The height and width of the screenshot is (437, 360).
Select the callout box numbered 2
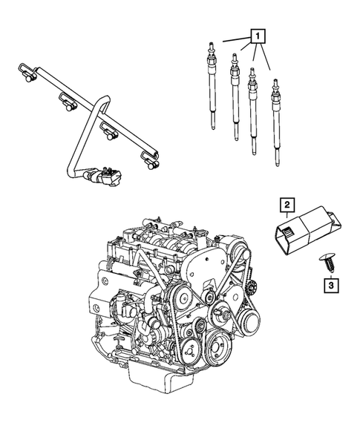coord(286,203)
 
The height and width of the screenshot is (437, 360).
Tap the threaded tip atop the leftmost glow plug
coord(214,46)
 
